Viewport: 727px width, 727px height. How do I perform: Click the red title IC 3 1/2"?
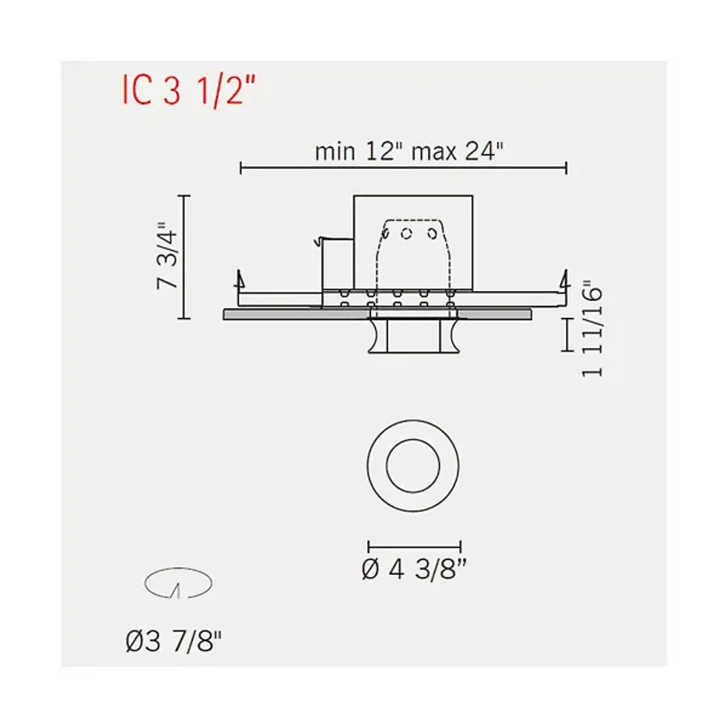[x=189, y=92]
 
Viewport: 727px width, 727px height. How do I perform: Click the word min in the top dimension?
[x=335, y=152]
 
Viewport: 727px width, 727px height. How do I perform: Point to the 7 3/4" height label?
[x=167, y=256]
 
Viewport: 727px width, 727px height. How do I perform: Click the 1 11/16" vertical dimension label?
[x=592, y=328]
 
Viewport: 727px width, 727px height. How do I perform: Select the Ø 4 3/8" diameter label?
[x=414, y=569]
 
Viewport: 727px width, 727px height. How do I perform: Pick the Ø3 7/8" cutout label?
[x=173, y=642]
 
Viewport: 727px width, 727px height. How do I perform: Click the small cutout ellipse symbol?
[x=178, y=570]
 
